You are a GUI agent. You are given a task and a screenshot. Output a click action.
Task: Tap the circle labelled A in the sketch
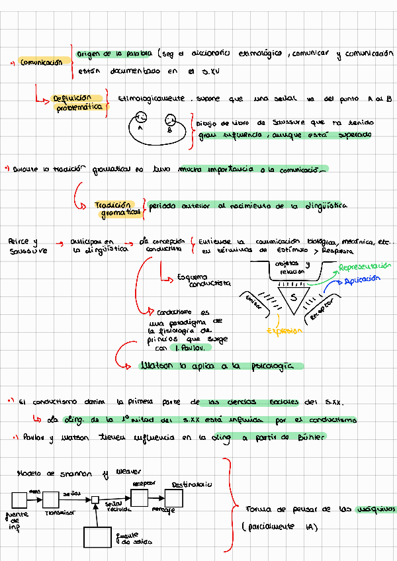[x=140, y=119]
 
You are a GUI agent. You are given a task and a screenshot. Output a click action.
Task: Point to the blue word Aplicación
[x=363, y=279]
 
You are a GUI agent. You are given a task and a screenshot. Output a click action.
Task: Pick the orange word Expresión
[x=285, y=330]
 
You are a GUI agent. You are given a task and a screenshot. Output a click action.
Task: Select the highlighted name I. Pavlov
[x=191, y=347]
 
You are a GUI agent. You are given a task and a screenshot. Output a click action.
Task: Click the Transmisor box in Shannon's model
[x=58, y=498]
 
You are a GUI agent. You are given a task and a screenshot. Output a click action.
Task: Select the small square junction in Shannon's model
[x=95, y=499]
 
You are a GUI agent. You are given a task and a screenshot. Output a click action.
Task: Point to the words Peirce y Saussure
[x=24, y=246]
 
